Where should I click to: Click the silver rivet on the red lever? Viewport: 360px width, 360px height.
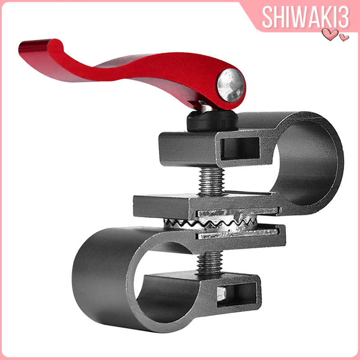[231, 85]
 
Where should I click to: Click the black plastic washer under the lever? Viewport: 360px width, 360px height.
[212, 121]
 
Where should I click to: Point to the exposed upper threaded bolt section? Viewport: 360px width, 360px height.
[211, 181]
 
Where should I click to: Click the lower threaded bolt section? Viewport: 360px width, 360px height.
[209, 262]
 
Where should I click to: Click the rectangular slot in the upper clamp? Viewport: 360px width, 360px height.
[240, 148]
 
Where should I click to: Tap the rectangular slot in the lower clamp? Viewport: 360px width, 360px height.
[237, 294]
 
